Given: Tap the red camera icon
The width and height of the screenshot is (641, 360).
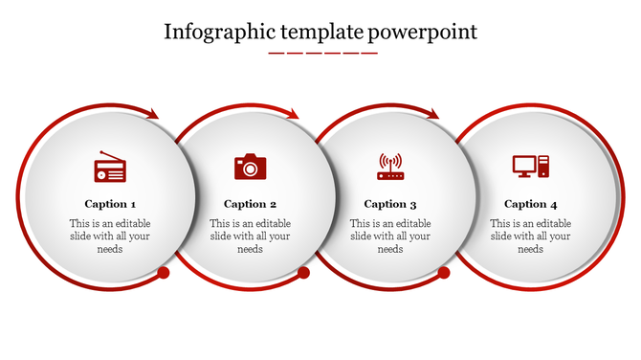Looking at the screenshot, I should point(250,167).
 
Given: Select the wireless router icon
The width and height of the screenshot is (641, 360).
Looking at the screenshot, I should point(390,167).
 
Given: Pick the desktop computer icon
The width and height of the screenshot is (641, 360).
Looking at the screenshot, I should point(530,167).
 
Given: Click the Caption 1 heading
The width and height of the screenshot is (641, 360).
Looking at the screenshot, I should point(110,204).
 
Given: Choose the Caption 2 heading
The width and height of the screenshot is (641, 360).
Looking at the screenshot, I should point(251,204).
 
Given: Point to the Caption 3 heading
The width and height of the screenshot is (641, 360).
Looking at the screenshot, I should point(390,204).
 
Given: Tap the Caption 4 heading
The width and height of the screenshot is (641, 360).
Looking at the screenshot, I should point(531,204).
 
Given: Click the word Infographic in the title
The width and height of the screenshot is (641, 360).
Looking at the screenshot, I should point(214,32).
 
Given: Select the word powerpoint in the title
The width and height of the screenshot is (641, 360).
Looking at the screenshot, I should point(423,32).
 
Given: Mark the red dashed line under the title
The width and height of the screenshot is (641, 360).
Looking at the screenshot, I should point(322,53).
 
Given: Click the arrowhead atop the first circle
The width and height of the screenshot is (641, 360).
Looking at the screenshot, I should point(152,114).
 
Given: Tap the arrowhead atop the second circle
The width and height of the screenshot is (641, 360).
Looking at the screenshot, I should point(293,114).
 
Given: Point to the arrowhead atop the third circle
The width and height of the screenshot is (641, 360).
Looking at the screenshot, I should point(433,114).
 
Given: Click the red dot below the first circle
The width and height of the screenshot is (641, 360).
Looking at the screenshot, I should point(164,273).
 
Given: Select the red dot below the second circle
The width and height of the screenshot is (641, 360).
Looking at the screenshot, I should point(304,273).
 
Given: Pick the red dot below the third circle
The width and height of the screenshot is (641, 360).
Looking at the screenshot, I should point(444,273).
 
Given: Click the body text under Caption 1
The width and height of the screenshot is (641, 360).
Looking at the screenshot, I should point(110,236).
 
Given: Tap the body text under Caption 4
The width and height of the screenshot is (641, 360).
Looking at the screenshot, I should point(531,236).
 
